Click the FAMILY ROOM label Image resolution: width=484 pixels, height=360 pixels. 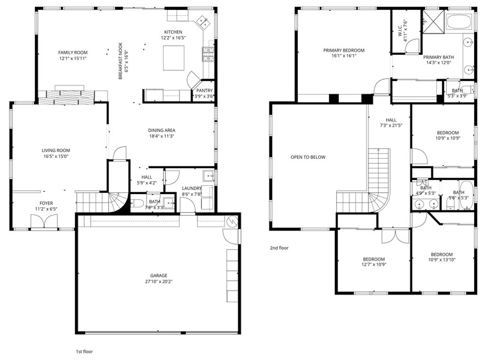pos(73,52)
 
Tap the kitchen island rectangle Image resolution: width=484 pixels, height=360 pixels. pos(173,58)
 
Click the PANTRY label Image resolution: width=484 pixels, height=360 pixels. pos(205,90)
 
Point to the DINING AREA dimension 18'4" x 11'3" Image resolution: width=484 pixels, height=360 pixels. pos(162,136)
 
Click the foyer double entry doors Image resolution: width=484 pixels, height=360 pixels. pos(44,222)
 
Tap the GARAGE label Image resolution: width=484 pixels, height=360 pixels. pos(159,275)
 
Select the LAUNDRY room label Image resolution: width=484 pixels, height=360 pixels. pos(192,188)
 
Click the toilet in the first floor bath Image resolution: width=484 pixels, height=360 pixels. pos(137,203)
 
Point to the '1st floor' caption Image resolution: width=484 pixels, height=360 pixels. pos(84,351)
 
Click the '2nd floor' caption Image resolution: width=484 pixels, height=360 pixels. pos(279,248)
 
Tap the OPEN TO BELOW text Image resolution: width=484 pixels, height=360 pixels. pos(308,157)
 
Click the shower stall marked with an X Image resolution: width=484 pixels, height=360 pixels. pos(433,21)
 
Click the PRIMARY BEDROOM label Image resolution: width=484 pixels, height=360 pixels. pos(344,50)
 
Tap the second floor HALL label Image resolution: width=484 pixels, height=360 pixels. pos(391,120)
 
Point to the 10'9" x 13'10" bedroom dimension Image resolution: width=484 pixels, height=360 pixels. pos(442,260)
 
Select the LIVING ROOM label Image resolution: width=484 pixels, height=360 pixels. pos(56,151)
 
